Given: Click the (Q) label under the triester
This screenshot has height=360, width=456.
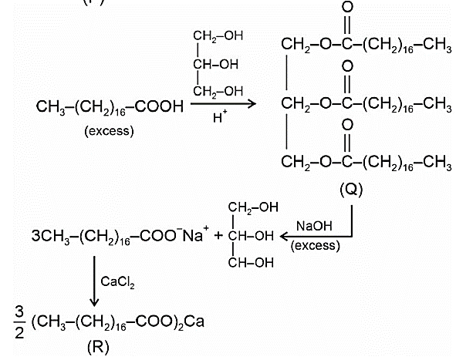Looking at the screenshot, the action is tap(351, 190).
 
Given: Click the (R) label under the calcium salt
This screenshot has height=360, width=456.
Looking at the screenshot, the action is tap(98, 347).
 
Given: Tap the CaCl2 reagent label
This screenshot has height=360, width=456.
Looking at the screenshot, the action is tap(117, 282).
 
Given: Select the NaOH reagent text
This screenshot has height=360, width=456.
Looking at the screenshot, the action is tap(314, 226).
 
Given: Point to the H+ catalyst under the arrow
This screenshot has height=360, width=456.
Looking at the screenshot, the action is tap(220, 117).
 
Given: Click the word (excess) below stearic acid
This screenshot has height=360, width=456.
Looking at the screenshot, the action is tap(109, 131).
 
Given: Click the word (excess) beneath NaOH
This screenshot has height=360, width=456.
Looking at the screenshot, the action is tap(316, 246).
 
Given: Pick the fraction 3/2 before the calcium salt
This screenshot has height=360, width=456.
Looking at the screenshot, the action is tap(19, 322).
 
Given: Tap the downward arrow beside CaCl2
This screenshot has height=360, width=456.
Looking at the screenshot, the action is tap(94, 281).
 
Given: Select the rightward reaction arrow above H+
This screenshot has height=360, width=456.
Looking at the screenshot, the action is tap(223, 103).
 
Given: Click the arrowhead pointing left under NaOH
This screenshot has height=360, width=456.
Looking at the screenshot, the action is tap(284, 236).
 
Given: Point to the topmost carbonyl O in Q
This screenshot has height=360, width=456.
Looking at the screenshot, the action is tap(347, 7).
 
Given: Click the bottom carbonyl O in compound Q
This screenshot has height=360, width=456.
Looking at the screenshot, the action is tap(347, 125).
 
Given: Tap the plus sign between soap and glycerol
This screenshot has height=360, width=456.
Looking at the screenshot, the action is tap(218, 235).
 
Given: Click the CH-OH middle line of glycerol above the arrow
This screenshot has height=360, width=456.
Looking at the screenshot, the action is tap(215, 64).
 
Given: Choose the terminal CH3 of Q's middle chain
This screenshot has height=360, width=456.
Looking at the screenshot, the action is tap(437, 104).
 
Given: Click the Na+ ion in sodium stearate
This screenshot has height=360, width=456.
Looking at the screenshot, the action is tap(195, 234).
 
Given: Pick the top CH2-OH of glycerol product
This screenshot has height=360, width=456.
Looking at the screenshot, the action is tap(253, 207).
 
